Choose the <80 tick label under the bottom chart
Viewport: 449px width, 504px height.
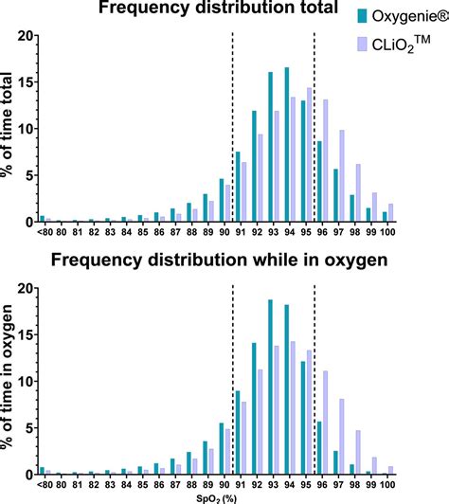pyautogui.click(x=42, y=483)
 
